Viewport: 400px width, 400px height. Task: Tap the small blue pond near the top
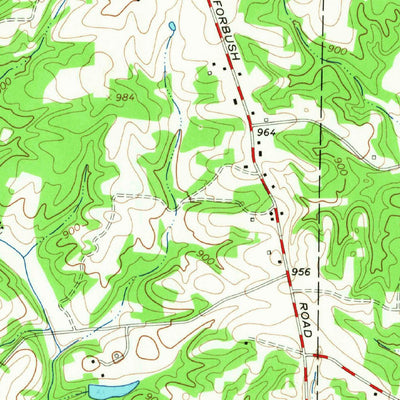tap(172, 25)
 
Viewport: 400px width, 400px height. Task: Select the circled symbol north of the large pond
tap(117, 356)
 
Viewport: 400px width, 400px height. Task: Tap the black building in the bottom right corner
tap(383, 391)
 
